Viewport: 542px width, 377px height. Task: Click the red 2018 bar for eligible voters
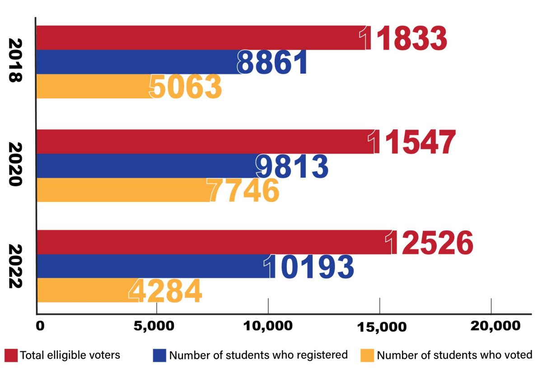(199, 38)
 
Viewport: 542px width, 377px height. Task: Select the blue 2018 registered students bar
(135, 62)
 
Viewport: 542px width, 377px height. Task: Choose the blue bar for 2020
(145, 166)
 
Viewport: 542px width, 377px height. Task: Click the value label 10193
(310, 267)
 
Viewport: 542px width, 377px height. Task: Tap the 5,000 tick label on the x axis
(156, 326)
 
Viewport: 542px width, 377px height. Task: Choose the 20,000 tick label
(491, 326)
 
